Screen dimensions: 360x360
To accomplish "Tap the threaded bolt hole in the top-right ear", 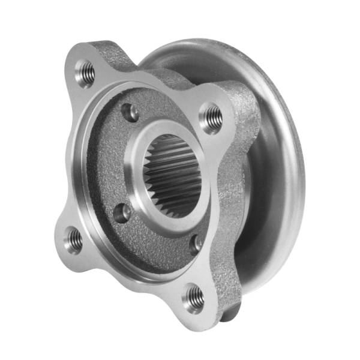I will point(211,117).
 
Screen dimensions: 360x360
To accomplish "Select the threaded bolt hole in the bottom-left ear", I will point(74,240).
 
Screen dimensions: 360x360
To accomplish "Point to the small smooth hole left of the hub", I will point(122,212).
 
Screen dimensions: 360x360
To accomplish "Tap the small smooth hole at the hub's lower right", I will point(196,244).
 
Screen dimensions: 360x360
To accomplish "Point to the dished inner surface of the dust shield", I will point(267,228).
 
